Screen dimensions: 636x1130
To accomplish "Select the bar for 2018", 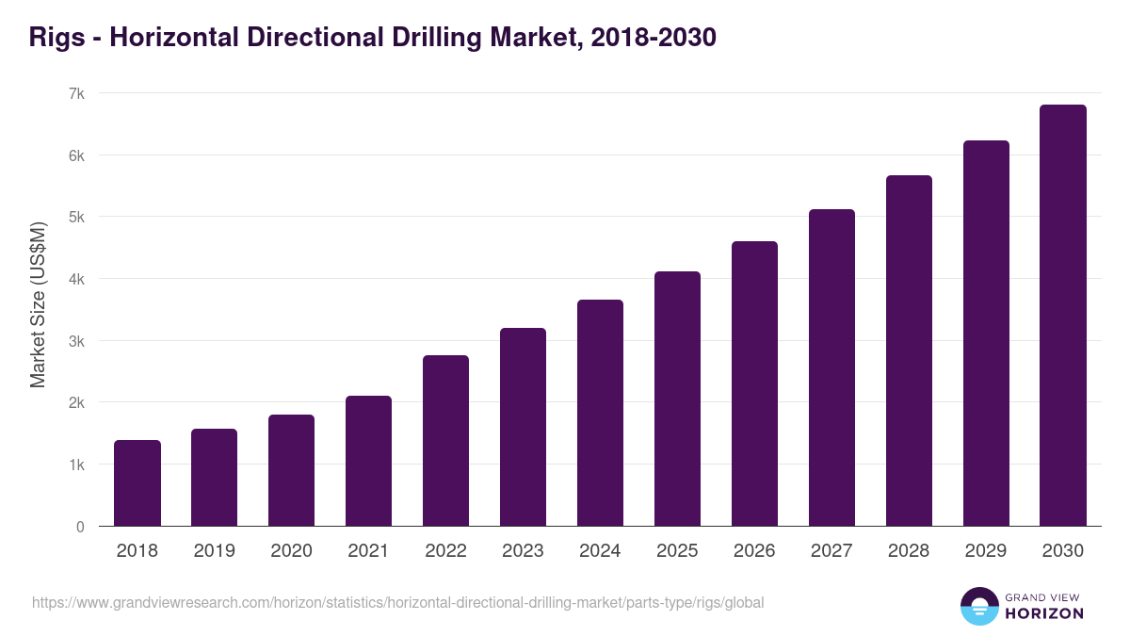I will pos(137,483).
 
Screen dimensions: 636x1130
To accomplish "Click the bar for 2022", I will pos(445,441).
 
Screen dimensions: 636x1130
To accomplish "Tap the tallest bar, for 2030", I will pos(1063,316).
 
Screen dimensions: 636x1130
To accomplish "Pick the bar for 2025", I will pos(677,399).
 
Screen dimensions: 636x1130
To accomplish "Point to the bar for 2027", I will pos(831,367).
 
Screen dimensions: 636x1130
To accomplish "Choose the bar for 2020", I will pos(291,470).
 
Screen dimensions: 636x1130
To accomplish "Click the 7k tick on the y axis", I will pos(76,93).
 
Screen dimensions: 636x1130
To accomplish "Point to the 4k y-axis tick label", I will pos(76,279).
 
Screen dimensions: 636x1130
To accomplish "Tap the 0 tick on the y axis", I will pos(80,527).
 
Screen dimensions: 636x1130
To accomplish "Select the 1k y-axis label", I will pos(76,465).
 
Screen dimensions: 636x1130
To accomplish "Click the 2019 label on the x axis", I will pos(214,551).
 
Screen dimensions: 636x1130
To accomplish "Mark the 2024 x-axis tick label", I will pos(600,551).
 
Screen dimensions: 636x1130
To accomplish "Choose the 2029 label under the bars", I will pos(986,551).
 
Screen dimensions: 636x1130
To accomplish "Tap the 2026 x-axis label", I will pos(754,551).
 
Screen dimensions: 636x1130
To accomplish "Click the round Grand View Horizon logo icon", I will pos(979,607).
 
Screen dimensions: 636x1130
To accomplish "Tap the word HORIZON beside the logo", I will pos(1044,613).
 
